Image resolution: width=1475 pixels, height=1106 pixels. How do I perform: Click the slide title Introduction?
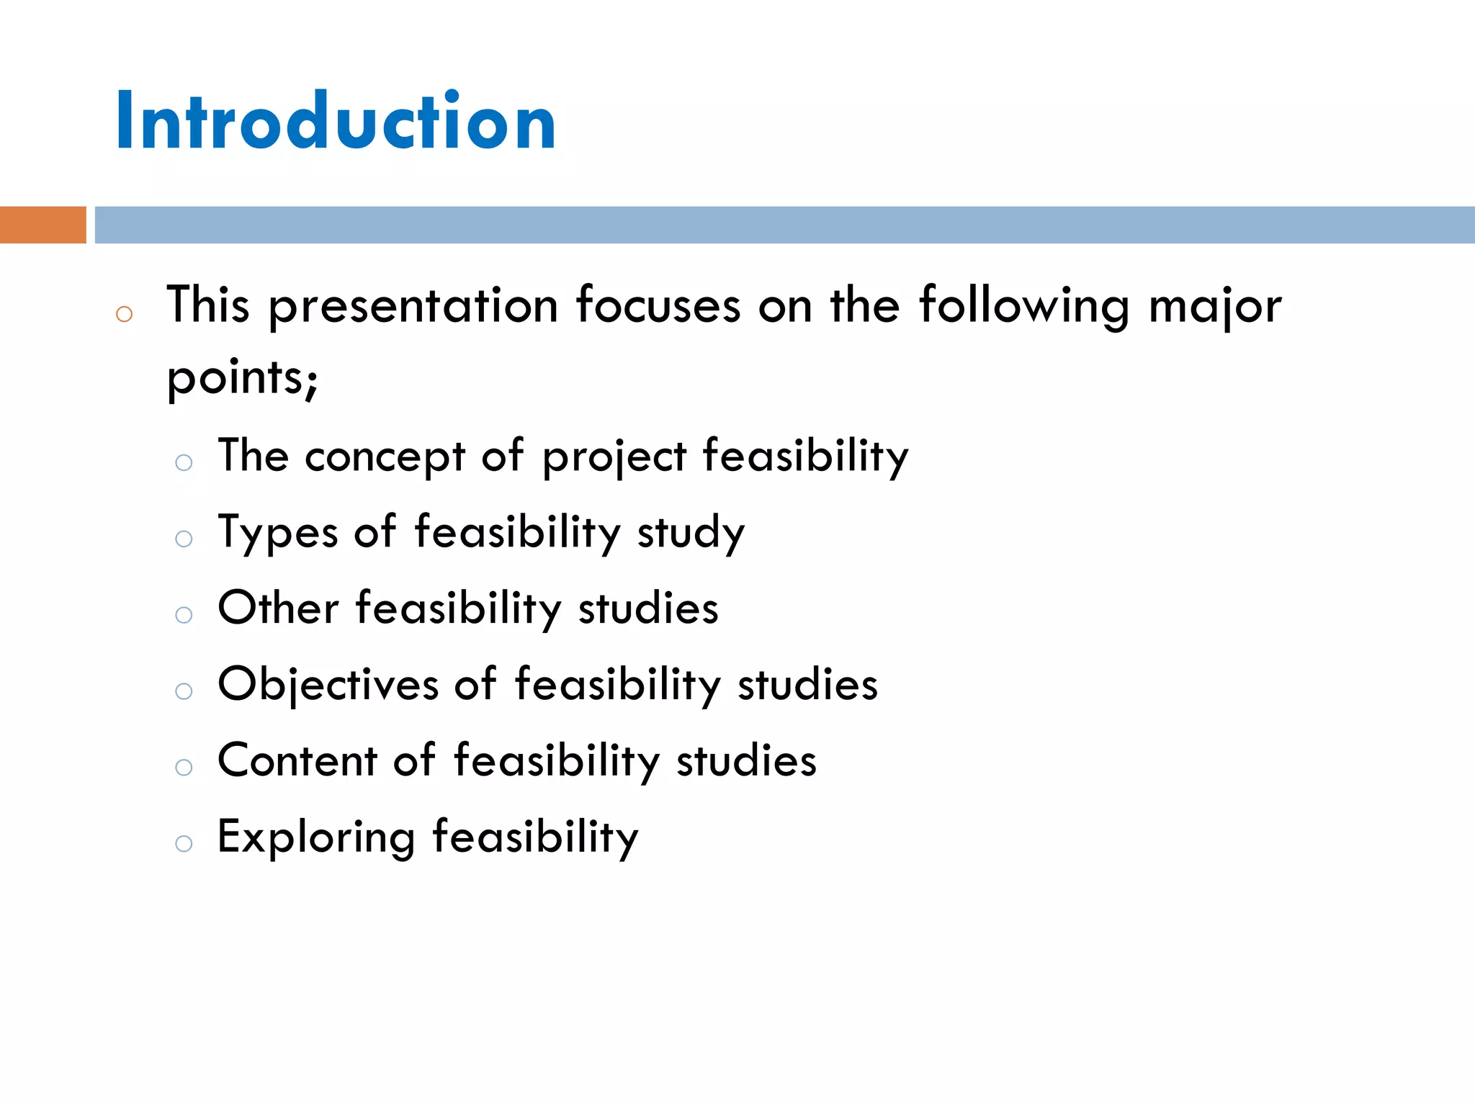336,120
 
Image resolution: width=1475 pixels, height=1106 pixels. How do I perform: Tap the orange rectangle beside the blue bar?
42,225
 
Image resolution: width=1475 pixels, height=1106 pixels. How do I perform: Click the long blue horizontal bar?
784,225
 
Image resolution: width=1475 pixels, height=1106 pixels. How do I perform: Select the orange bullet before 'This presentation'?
124,314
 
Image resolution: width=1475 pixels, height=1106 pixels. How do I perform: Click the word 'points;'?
243,378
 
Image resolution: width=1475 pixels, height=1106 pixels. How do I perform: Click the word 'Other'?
278,608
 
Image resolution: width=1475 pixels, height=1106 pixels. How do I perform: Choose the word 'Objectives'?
328,685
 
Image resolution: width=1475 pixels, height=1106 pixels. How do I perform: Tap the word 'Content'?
297,761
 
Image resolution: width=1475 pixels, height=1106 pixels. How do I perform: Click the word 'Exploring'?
316,838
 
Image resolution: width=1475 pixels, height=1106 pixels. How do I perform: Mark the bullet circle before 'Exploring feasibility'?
184,844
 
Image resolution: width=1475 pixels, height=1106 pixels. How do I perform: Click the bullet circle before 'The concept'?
184,462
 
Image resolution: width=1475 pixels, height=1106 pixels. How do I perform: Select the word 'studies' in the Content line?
746,761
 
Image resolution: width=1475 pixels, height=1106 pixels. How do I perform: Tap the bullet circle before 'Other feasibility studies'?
184,615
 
